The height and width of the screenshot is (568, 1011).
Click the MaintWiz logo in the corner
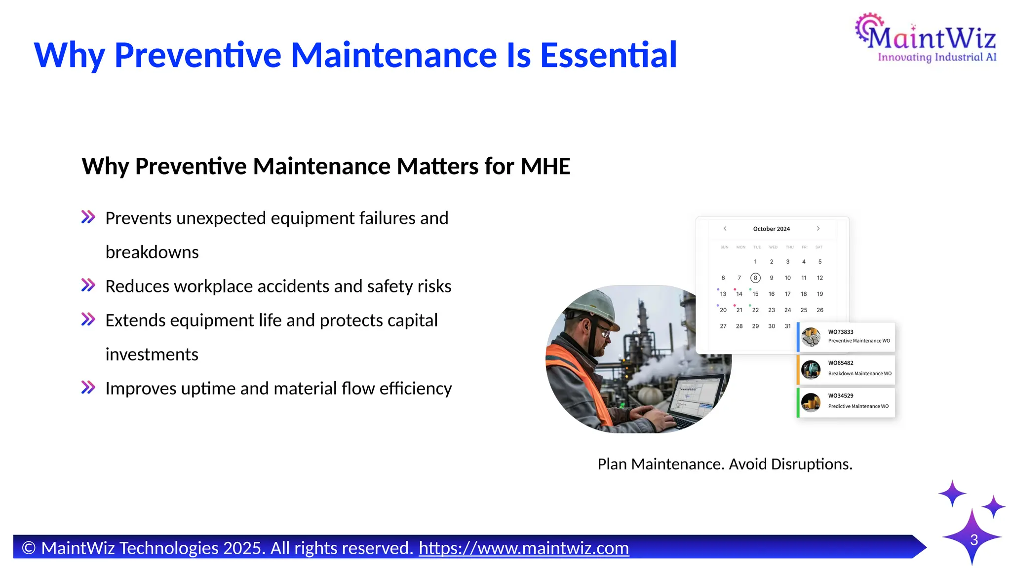pyautogui.click(x=926, y=38)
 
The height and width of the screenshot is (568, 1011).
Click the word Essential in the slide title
pyautogui.click(x=608, y=55)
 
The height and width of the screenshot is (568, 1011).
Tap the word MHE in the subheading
pyautogui.click(x=545, y=166)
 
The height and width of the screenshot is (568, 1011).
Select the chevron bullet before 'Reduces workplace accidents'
pyautogui.click(x=88, y=285)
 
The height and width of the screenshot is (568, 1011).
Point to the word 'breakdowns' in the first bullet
pyautogui.click(x=152, y=252)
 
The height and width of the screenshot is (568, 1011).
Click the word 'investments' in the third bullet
pyautogui.click(x=152, y=354)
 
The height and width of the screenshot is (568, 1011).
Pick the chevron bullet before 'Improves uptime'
pyautogui.click(x=88, y=388)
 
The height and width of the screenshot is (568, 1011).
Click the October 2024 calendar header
pyautogui.click(x=771, y=229)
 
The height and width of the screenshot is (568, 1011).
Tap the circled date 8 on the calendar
pyautogui.click(x=755, y=278)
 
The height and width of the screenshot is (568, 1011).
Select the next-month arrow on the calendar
pyautogui.click(x=818, y=228)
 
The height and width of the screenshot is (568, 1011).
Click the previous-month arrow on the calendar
pyautogui.click(x=725, y=228)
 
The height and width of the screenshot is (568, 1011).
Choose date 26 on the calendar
pyautogui.click(x=819, y=310)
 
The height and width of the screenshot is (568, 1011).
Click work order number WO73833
pyautogui.click(x=841, y=332)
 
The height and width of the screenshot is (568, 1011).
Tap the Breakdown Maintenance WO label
pyautogui.click(x=859, y=373)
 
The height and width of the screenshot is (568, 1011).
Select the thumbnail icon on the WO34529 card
pyautogui.click(x=811, y=402)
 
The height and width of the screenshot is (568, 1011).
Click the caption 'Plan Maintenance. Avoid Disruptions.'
pyautogui.click(x=725, y=464)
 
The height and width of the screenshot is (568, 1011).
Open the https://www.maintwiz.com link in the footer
pyautogui.click(x=524, y=548)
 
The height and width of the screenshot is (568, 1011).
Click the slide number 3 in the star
pyautogui.click(x=973, y=540)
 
